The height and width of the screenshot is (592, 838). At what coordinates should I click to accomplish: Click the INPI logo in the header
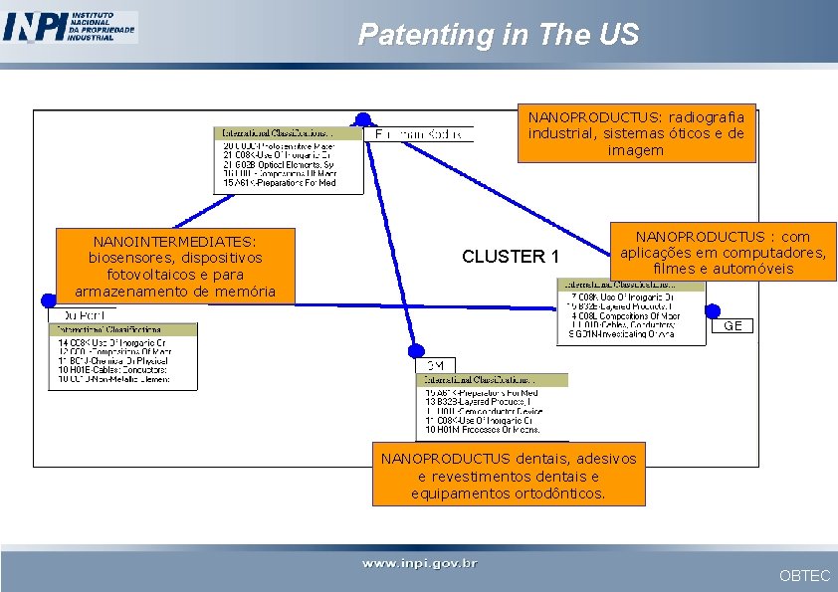(70, 27)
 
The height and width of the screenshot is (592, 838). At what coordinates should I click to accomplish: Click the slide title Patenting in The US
(498, 35)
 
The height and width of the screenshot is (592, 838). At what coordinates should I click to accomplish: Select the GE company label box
(733, 326)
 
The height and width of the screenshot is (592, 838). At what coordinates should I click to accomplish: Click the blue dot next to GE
(713, 311)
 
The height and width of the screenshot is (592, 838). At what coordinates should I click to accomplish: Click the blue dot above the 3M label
(417, 349)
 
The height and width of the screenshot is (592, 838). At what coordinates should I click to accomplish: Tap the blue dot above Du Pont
(49, 299)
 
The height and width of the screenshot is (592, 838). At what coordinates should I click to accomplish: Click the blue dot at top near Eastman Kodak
(363, 119)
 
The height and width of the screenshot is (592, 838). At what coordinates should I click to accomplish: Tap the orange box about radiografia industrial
(636, 133)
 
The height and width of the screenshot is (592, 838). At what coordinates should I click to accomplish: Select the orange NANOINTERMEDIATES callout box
(175, 266)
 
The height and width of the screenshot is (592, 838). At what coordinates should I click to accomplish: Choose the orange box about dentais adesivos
(508, 476)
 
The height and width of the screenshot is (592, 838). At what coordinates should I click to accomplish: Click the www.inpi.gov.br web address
(419, 563)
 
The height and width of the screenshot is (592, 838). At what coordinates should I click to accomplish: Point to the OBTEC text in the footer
(804, 575)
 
